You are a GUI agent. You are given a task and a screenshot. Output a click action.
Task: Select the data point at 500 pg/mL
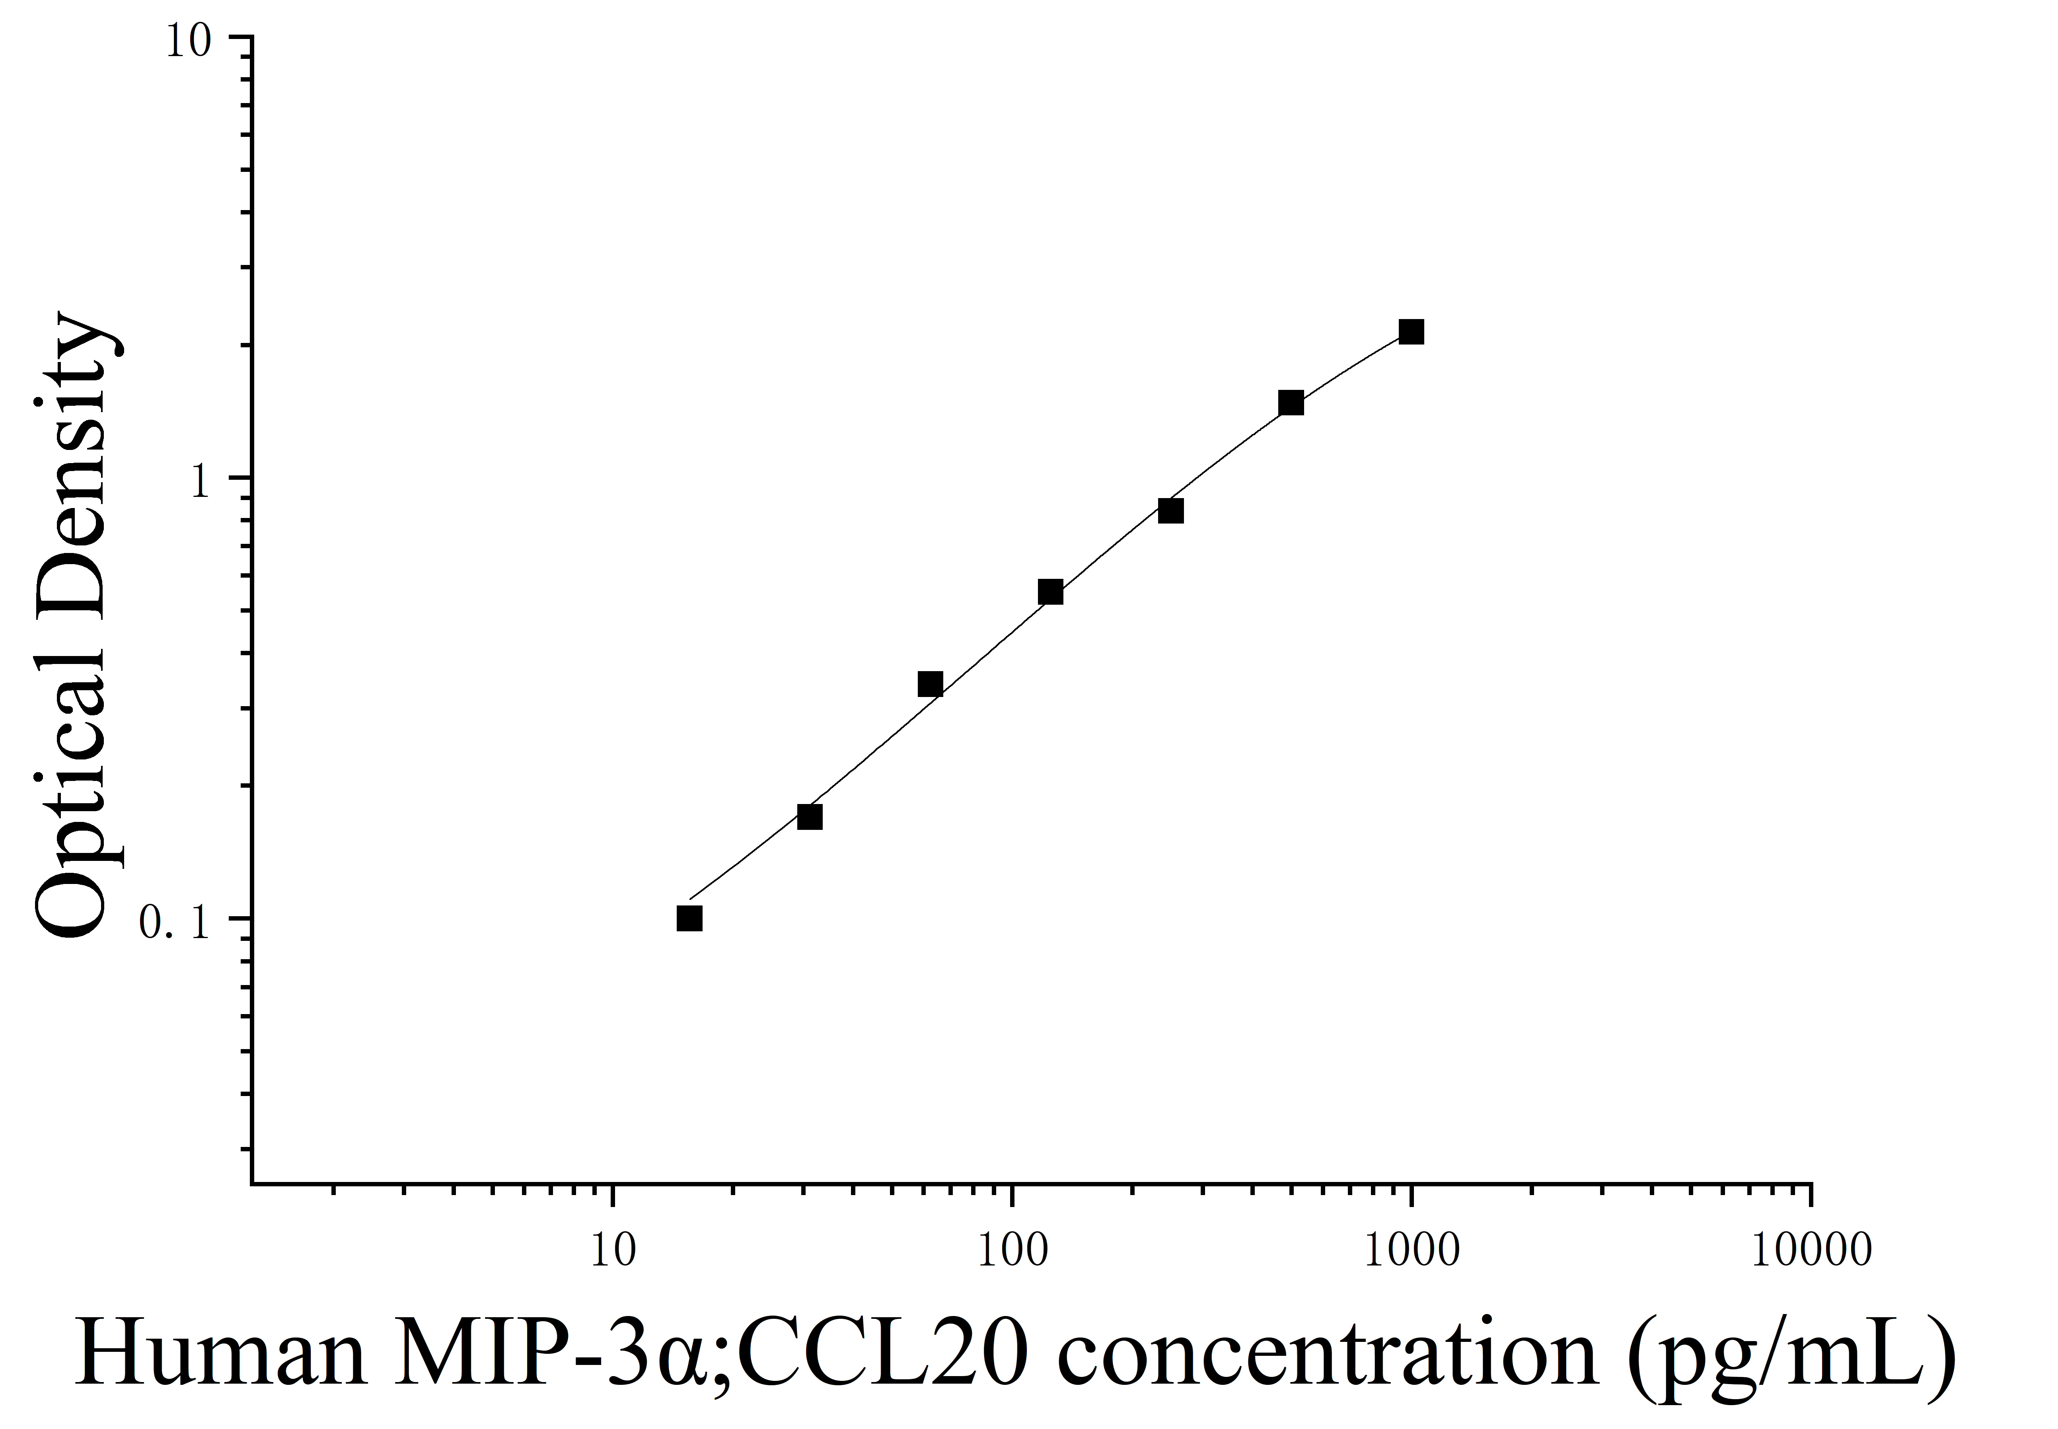(x=1290, y=403)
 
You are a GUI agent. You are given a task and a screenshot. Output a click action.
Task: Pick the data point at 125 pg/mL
(x=1050, y=592)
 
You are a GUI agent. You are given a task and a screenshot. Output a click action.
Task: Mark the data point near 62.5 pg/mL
(x=930, y=684)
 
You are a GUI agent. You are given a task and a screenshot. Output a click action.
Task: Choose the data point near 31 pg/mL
(x=809, y=817)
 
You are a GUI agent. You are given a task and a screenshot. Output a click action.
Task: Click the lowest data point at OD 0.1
(x=689, y=919)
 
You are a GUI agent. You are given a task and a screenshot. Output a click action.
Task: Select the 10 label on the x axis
(x=613, y=1251)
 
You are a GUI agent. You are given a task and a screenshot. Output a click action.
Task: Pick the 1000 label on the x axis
(x=1412, y=1251)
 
